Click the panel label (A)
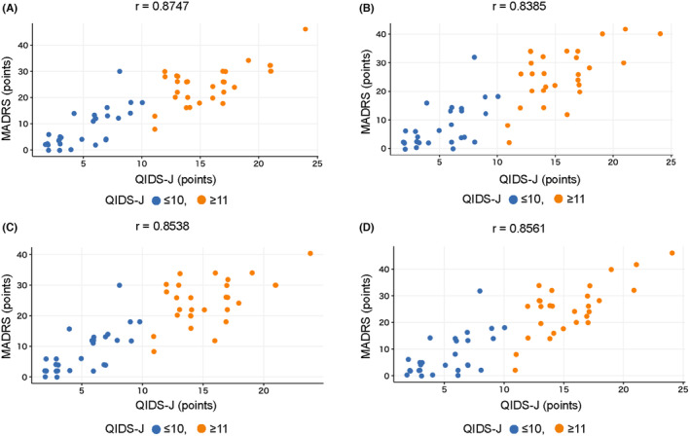(14, 12)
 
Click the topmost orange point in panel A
(306, 29)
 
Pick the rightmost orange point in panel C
(310, 253)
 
